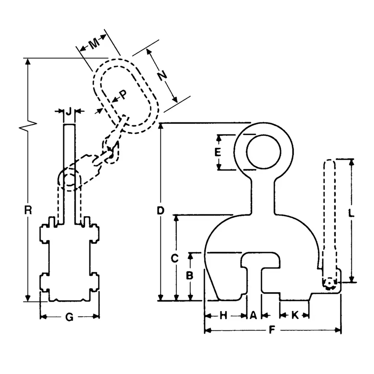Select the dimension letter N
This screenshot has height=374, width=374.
click(x=162, y=76)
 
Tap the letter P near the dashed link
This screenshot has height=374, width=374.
click(x=123, y=95)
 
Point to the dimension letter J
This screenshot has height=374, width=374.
click(x=69, y=111)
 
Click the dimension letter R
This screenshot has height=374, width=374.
click(x=28, y=210)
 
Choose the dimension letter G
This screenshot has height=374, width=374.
click(x=69, y=317)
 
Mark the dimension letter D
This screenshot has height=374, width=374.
click(x=160, y=211)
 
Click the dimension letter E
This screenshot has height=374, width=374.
click(x=217, y=152)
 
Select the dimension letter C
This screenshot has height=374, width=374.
click(x=175, y=258)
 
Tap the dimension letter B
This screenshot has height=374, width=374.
click(x=189, y=276)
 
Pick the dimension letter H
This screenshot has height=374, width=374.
click(x=223, y=315)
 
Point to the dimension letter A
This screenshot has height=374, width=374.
click(x=253, y=315)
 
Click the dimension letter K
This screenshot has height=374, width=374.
click(x=295, y=315)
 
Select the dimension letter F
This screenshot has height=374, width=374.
click(x=272, y=330)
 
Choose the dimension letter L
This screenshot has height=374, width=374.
click(x=351, y=213)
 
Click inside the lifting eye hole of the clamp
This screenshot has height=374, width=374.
click(x=263, y=152)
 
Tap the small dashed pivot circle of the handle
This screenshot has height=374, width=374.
click(x=329, y=283)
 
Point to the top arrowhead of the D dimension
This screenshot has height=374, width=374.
click(x=161, y=126)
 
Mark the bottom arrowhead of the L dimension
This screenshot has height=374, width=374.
click(x=351, y=279)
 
